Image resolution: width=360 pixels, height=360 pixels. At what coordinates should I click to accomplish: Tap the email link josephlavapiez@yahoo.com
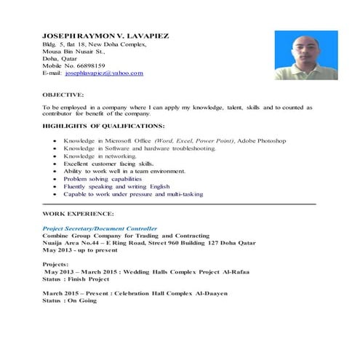point(104,73)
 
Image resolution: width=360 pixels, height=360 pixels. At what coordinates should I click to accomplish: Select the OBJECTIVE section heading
point(63,95)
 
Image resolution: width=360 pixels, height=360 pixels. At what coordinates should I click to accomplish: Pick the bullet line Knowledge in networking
point(100,156)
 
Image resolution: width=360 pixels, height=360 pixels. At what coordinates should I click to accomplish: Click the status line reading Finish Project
point(76,278)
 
